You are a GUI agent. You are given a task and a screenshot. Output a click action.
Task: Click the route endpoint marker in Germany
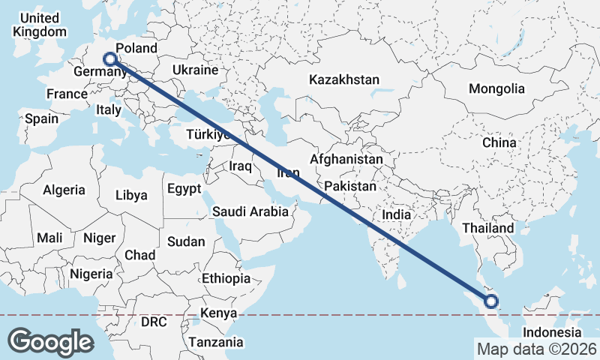109,58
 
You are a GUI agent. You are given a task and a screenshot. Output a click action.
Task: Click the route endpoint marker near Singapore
491,301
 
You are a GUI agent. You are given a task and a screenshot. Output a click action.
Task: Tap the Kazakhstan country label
344,79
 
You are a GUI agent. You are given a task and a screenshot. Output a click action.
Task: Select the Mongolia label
496,88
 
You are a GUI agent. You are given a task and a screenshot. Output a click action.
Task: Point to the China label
499,142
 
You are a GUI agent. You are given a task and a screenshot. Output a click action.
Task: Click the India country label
396,214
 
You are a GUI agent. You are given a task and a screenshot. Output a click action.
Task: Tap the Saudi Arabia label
250,211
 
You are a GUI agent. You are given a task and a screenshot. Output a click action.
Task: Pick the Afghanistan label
346,160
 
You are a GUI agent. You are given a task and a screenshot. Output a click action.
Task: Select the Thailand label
488,228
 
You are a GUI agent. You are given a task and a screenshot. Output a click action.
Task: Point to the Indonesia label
552,332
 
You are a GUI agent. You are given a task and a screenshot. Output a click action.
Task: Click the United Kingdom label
40,25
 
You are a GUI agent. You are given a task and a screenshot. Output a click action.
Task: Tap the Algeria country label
64,190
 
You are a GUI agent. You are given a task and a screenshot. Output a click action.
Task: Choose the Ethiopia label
226,278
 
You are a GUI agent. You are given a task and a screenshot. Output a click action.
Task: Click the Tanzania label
216,342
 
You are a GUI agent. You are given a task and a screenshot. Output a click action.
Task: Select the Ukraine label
195,70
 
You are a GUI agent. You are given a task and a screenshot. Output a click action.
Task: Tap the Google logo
50,341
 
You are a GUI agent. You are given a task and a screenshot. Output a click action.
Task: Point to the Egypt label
184,188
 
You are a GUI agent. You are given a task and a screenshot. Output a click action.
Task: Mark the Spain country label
41,118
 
